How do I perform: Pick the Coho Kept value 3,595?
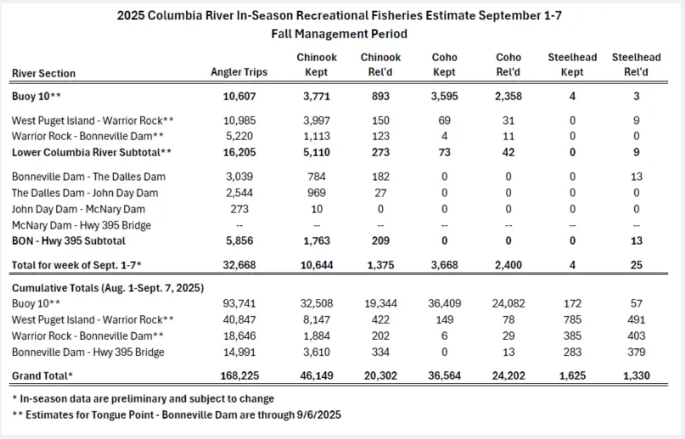[444, 96]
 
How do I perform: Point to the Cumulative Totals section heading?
[107, 288]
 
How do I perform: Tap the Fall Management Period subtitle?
[340, 34]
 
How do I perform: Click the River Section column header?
[43, 73]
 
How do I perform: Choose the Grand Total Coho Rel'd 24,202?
[508, 374]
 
